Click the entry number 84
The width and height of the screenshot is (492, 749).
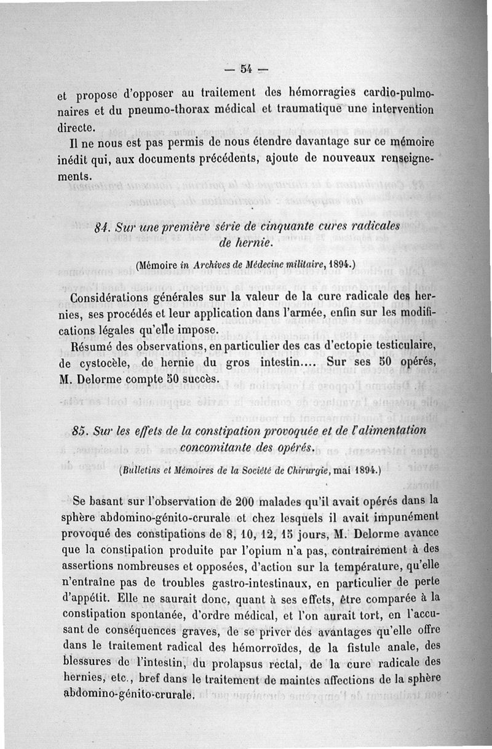[x=103, y=227]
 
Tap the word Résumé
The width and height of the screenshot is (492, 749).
[x=93, y=346]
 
